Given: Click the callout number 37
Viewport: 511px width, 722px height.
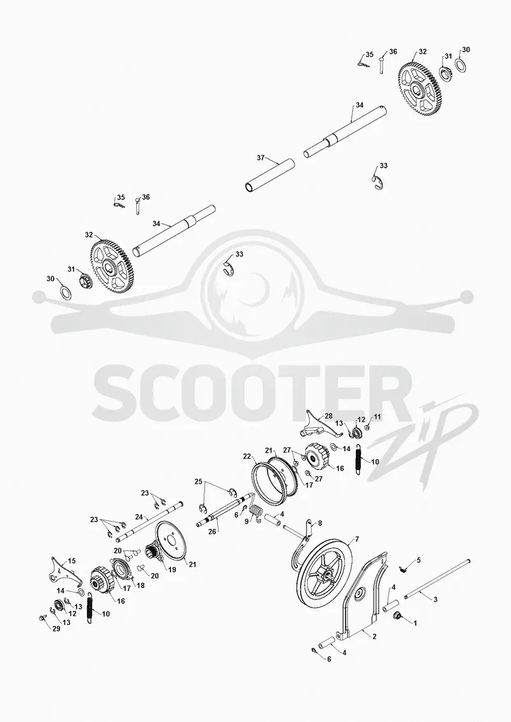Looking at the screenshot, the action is (261, 158).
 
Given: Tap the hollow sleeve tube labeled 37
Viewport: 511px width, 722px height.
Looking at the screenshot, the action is (269, 176).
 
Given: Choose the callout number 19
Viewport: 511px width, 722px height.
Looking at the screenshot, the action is (172, 569).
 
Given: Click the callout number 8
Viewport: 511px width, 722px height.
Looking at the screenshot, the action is (320, 523).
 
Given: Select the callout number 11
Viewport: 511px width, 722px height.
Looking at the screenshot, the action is (378, 416).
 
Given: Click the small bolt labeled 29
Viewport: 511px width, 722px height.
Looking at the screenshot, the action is (42, 619).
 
